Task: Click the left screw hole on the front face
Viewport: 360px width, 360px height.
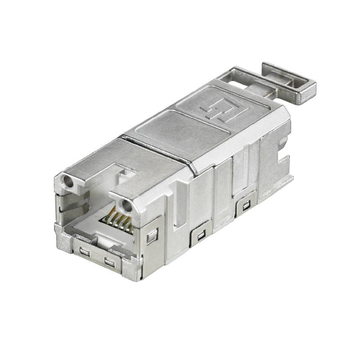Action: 68,182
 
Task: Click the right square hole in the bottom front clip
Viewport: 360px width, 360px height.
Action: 108,261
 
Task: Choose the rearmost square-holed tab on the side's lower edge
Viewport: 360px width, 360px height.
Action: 246,207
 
